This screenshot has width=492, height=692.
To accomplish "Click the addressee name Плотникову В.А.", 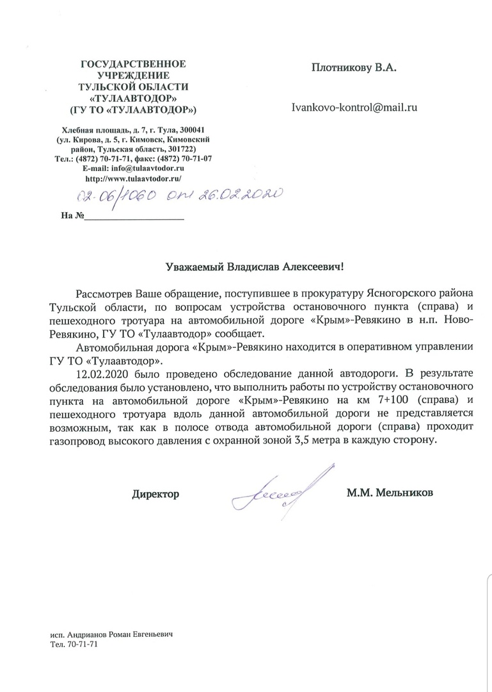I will point(354,67).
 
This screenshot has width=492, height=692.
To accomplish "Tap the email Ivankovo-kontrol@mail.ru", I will point(354,108).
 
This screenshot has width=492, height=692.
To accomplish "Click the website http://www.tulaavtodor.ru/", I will point(134,179).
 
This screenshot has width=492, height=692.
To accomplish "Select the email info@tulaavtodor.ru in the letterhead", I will point(148,169).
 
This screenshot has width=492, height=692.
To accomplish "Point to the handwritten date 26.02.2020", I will point(239,197).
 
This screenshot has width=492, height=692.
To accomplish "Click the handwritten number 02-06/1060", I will point(116,198).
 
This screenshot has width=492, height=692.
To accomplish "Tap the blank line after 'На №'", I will point(134,217).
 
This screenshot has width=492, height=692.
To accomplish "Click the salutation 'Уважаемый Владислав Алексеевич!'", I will point(246,264).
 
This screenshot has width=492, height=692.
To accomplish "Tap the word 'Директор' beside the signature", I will point(155,494).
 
